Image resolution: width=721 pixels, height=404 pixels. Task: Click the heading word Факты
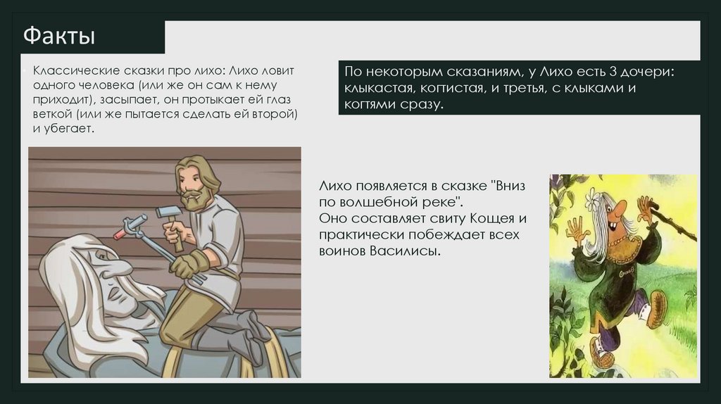pyautogui.click(x=59, y=37)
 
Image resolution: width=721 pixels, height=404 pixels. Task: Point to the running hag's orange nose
pyautogui.click(x=620, y=210)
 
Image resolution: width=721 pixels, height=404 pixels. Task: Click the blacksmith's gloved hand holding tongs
pyautogui.click(x=184, y=265)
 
